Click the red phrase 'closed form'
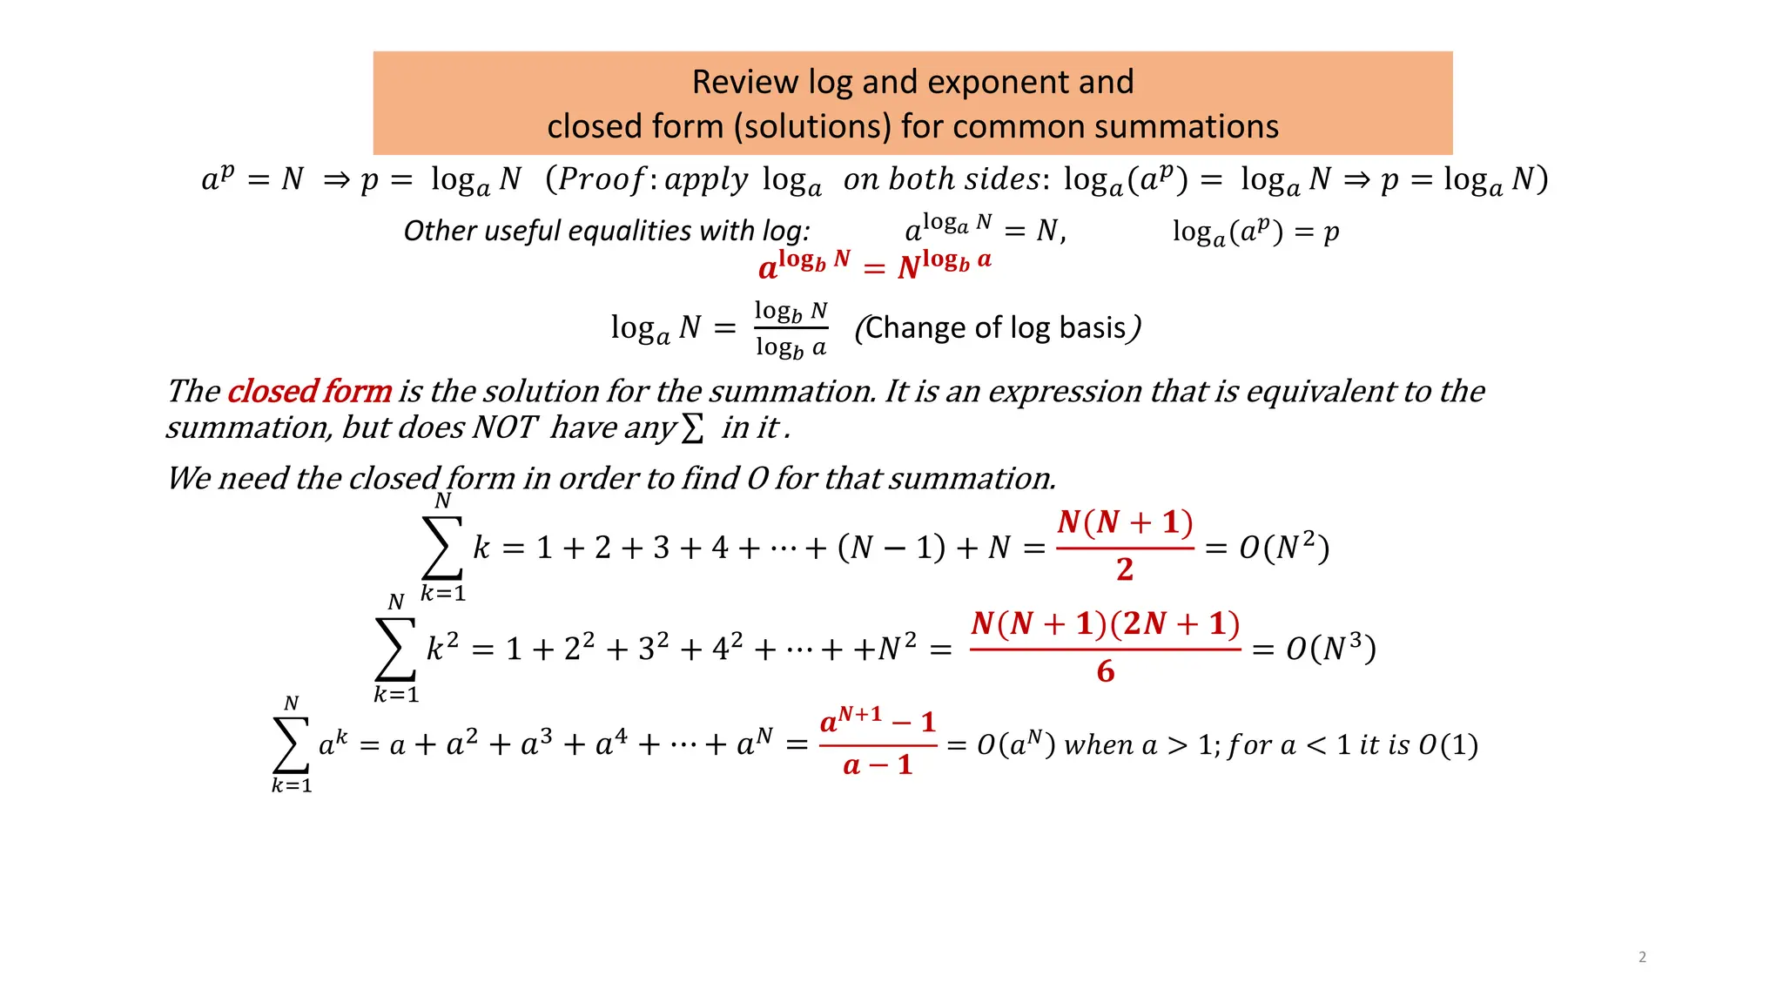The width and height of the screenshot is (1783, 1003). tap(309, 392)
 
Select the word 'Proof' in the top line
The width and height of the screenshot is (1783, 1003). tap(601, 179)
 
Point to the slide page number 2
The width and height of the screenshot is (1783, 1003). tap(1642, 957)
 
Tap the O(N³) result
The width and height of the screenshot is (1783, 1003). tap(1330, 649)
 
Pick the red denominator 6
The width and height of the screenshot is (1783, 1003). tap(1106, 671)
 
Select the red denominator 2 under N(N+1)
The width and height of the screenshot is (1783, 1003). tap(1125, 569)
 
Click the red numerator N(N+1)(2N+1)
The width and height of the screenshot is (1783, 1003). tap(1105, 623)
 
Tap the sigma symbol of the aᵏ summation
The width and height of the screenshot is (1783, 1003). tap(292, 744)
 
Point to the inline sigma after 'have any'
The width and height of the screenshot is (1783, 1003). tap(692, 427)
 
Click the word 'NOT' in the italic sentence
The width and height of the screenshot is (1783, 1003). tap(505, 427)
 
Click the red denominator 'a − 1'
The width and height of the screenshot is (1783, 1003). tap(878, 765)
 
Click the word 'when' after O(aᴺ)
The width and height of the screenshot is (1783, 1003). tap(1099, 745)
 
